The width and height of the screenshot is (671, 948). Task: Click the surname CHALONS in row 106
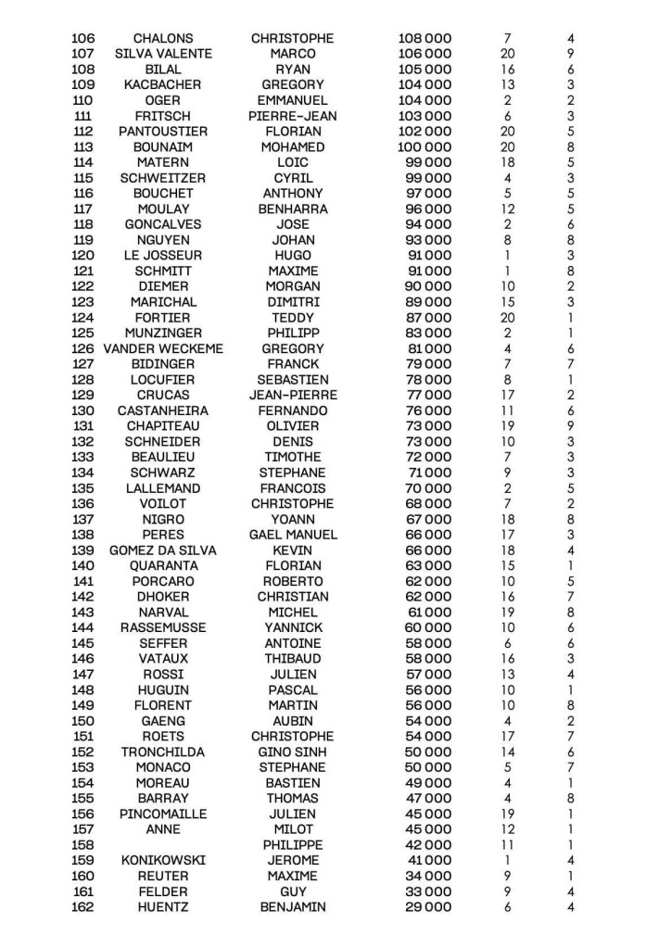(x=163, y=38)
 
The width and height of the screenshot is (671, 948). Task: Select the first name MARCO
(x=292, y=54)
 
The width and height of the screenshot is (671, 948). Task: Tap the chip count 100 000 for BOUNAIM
(x=424, y=146)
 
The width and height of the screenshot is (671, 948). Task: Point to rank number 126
(x=83, y=348)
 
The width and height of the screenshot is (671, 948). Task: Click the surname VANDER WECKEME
(x=163, y=348)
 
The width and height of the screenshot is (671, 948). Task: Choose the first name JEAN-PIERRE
(x=292, y=395)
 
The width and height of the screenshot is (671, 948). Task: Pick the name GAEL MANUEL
(x=292, y=535)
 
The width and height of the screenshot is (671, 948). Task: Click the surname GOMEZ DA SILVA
(x=163, y=550)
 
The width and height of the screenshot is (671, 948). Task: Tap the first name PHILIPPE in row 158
(x=292, y=845)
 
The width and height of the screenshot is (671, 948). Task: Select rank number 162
(x=83, y=907)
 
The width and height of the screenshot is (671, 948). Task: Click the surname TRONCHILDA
(x=163, y=752)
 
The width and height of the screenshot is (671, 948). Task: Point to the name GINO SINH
(x=292, y=752)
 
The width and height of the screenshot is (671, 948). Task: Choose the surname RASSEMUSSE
(x=163, y=627)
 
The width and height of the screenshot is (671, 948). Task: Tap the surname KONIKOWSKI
(x=163, y=860)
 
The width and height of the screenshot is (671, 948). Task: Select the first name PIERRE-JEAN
(x=292, y=116)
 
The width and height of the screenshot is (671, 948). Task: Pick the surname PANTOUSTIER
(x=163, y=132)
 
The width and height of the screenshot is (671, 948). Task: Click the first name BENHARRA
(x=292, y=209)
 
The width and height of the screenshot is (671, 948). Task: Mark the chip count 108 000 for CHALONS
(x=424, y=38)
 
